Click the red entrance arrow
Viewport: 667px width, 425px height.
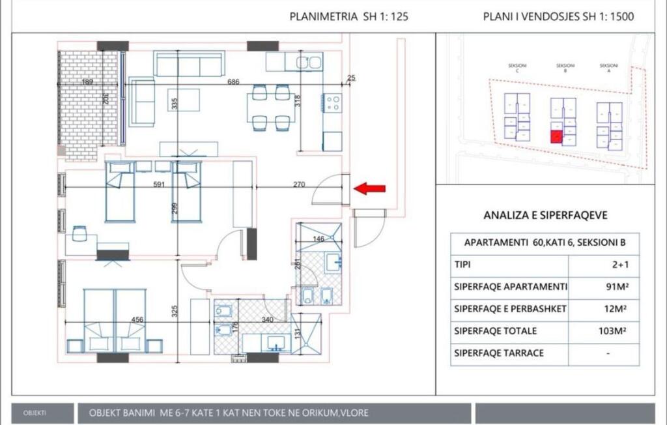[369, 189]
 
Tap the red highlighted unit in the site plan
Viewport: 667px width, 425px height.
[556, 137]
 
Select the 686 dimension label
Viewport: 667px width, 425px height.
[233, 82]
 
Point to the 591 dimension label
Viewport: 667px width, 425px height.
[159, 184]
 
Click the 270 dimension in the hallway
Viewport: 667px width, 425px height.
[299, 184]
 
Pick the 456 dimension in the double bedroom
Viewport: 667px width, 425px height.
[138, 319]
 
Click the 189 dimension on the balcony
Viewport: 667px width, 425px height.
[87, 82]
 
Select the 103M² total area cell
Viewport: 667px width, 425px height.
[612, 331]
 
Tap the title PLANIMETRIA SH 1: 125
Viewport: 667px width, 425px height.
[348, 17]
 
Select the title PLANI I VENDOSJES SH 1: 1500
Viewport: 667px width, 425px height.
[558, 17]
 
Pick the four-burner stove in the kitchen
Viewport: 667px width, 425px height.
[332, 103]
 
